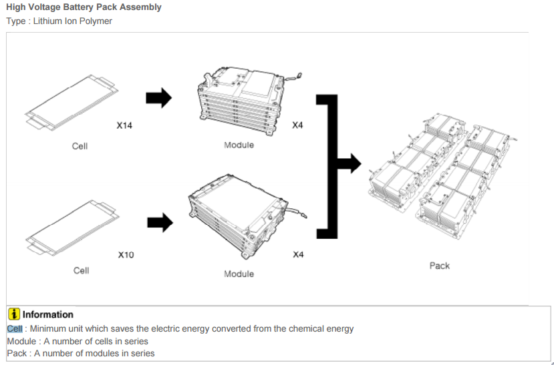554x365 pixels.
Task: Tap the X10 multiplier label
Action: pos(126,255)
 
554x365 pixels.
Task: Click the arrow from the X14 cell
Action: pos(158,99)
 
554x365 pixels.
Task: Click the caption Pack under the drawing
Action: pos(439,266)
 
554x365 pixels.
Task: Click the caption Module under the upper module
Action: pos(239,145)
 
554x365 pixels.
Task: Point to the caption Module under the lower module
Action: pos(239,274)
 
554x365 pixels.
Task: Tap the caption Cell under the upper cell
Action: pos(80,145)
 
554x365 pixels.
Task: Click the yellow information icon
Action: pos(13,314)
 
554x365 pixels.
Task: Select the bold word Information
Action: pos(48,314)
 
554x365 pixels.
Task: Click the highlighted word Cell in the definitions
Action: pos(15,328)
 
